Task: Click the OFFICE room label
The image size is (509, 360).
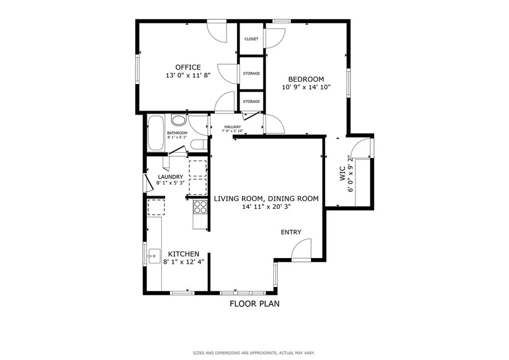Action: (x=188, y=67)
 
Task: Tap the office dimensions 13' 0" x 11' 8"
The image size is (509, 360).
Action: (x=188, y=76)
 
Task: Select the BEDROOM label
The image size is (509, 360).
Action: (x=306, y=79)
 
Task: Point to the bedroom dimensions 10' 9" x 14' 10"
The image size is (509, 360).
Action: (x=306, y=87)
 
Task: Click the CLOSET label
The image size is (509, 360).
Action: (x=251, y=39)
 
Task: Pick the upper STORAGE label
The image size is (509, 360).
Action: (x=251, y=74)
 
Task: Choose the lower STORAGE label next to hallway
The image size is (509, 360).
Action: (x=251, y=101)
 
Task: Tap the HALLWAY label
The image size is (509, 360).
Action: (x=232, y=127)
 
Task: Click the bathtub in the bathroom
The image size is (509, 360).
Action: (x=156, y=133)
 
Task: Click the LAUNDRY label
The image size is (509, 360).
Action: (x=170, y=177)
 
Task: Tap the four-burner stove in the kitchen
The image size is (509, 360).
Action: (x=200, y=206)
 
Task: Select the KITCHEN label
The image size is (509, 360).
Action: (x=183, y=254)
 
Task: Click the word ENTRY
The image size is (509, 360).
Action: (x=291, y=232)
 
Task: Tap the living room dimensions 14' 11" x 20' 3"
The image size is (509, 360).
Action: (x=266, y=206)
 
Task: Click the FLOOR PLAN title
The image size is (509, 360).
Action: (x=254, y=303)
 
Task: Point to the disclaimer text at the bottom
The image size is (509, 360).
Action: (x=254, y=353)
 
